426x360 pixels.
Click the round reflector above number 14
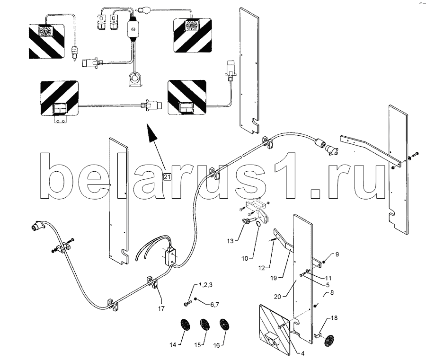[x=183, y=326]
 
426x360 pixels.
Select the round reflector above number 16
[x=222, y=326]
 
